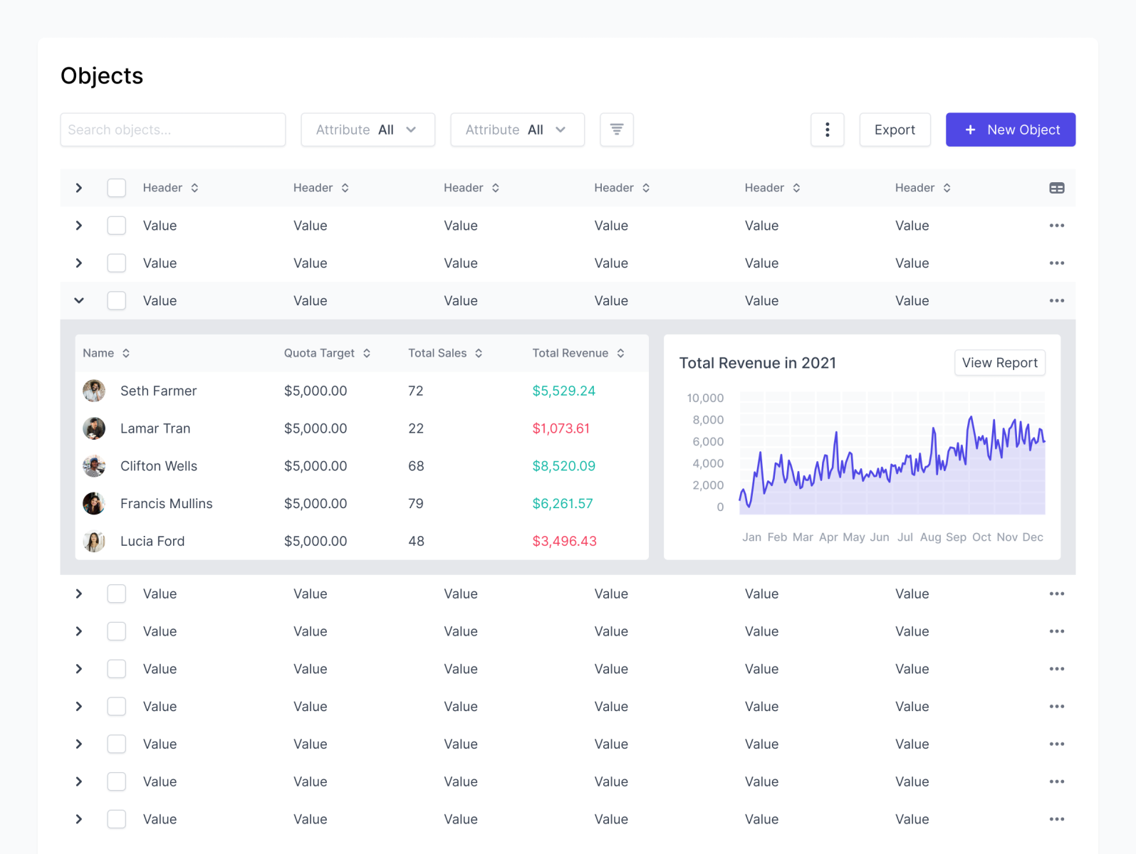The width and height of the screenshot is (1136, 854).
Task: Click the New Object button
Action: (1010, 130)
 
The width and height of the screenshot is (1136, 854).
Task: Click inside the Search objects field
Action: (172, 130)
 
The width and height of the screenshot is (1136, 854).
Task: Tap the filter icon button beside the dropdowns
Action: (616, 130)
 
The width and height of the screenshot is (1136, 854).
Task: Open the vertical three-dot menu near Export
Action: (827, 130)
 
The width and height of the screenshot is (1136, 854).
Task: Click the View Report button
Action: (999, 363)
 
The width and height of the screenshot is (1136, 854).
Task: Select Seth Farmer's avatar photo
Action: (94, 391)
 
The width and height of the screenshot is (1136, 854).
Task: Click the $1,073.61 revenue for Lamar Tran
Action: (561, 428)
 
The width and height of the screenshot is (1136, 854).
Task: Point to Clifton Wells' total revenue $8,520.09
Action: (563, 466)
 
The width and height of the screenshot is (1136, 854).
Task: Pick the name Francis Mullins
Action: (166, 504)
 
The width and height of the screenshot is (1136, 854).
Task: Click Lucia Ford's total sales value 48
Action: (416, 542)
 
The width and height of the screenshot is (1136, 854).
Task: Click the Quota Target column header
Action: (319, 353)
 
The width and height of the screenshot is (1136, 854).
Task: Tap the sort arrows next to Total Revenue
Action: (620, 353)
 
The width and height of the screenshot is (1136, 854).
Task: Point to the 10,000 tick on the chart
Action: (704, 398)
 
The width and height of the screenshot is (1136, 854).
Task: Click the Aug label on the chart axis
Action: (930, 537)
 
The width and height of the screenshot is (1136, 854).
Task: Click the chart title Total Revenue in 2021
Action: (757, 363)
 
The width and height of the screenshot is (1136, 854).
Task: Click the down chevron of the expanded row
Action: (79, 300)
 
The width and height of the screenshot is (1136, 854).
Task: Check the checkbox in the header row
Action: (117, 188)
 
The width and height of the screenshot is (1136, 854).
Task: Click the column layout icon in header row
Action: (1056, 188)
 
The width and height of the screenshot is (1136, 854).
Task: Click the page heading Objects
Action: (102, 76)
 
